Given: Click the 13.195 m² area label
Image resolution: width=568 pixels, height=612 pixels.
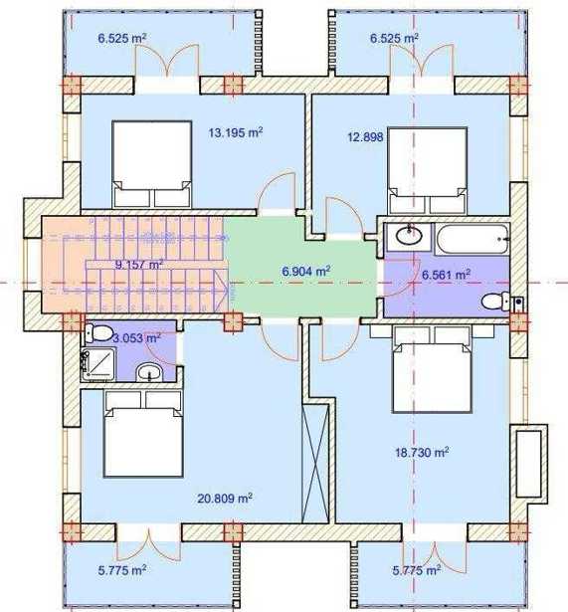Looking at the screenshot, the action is coord(235,132).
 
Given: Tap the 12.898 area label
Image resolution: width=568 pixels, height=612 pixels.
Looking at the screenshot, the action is coord(365,137).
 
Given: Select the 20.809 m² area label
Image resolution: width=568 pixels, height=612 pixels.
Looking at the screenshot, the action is coord(225,499).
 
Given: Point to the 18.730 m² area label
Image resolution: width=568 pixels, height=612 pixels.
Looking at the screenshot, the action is coord(422,453).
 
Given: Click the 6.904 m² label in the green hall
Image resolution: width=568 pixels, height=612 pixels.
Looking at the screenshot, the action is coord(306,271).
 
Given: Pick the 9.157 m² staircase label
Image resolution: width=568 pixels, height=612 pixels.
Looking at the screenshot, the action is coord(139,265).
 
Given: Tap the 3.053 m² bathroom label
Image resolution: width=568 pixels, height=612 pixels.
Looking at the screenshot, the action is coord(136,337).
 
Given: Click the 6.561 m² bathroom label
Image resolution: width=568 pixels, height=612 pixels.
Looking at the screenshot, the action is coord(447,275).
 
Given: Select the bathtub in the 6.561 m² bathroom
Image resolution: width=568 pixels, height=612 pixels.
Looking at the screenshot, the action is coord(473,239).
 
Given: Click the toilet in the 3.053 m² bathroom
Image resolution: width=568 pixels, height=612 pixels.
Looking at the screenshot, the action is coord(97,333).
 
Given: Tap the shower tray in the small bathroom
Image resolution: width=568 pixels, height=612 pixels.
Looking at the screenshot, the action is coord(98,364).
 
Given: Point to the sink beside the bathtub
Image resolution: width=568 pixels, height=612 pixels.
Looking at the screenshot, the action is coord(409,236).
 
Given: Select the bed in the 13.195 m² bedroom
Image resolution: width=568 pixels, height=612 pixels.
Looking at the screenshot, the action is coord(152,164).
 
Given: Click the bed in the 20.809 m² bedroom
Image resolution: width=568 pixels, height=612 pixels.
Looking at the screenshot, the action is coord(143,434).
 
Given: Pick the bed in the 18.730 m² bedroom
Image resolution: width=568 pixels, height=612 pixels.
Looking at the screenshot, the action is coord(433,368).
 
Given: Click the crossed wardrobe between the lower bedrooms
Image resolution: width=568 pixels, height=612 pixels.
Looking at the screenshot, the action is coord(315,464).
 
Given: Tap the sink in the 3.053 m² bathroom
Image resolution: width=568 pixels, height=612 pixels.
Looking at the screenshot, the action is coord(149,372).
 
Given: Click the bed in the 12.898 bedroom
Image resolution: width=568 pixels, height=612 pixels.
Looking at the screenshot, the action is coord(428,170).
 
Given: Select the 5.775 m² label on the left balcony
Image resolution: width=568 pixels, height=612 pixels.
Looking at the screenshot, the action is coord(122,570).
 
